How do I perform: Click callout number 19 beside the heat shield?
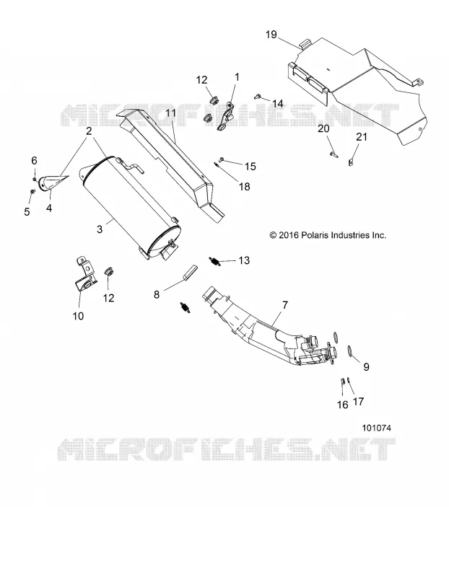(x=271, y=35)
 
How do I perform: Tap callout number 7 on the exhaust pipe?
(x=285, y=305)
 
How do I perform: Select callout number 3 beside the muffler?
(x=100, y=229)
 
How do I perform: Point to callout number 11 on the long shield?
(x=171, y=113)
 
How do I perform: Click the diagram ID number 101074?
(x=376, y=428)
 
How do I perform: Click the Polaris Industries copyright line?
(x=328, y=235)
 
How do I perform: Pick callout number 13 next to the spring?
(x=244, y=260)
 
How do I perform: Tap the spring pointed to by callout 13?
(x=214, y=261)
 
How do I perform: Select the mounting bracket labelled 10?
(x=85, y=276)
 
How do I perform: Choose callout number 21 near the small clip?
(x=362, y=137)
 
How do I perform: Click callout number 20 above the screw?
(x=323, y=128)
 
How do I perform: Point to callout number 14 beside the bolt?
(x=278, y=103)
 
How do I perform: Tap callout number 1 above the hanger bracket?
(x=237, y=77)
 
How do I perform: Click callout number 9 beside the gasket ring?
(x=366, y=366)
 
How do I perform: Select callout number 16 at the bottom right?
(x=343, y=405)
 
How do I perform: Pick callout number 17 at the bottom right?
(x=358, y=401)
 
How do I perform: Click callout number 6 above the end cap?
(x=34, y=160)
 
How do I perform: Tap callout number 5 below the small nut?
(x=27, y=211)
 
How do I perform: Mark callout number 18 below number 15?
(x=244, y=187)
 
